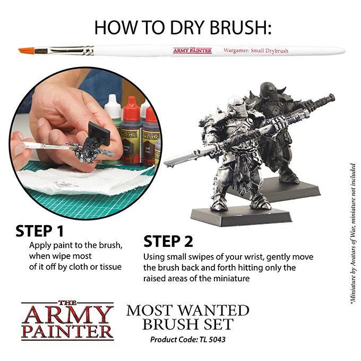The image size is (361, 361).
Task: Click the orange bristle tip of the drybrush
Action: tap(25, 51)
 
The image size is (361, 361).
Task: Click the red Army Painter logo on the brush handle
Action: tap(192, 50)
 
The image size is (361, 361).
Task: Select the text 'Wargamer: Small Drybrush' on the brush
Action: tap(256, 50)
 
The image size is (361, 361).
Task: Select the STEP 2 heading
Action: tap(168, 242)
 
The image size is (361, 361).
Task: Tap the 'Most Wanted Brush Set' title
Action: tap(187, 317)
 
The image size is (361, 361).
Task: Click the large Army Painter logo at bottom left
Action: tap(67, 321)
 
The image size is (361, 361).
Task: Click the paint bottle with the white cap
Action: tap(113, 109)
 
